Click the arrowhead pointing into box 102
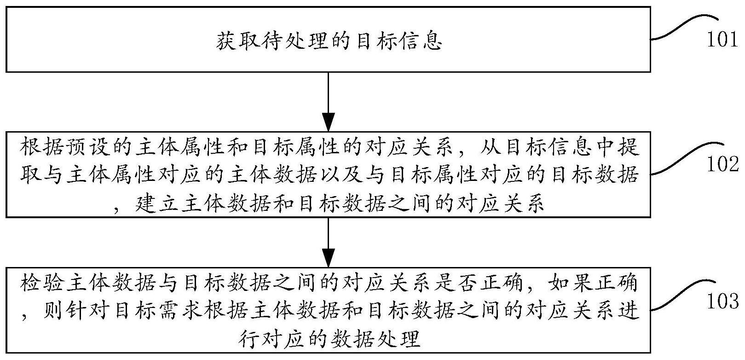[x=328, y=122]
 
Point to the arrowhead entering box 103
[x=328, y=258]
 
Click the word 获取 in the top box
[x=239, y=41]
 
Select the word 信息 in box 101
[x=419, y=41]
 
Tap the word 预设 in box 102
[x=88, y=147]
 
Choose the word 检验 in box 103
[x=42, y=283]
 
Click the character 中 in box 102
[x=606, y=147]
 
